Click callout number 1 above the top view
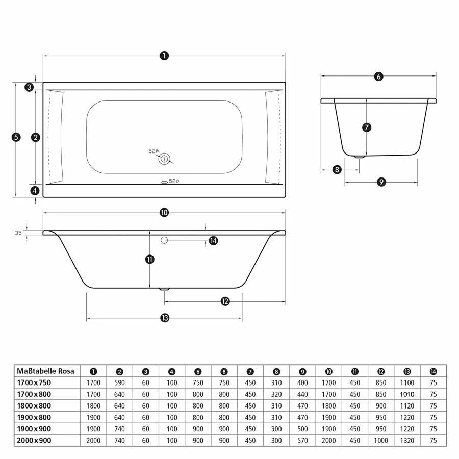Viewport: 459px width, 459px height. pyautogui.click(x=164, y=56)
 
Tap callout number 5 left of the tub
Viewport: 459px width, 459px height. pyautogui.click(x=16, y=137)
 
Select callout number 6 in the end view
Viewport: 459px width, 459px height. pyautogui.click(x=378, y=76)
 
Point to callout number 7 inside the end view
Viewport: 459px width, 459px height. pyautogui.click(x=367, y=127)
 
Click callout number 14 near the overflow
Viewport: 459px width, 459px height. pyautogui.click(x=213, y=241)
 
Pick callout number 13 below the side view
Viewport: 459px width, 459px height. pyautogui.click(x=164, y=318)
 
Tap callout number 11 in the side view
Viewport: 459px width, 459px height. pyautogui.click(x=149, y=259)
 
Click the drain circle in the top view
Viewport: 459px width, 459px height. pyautogui.click(x=164, y=159)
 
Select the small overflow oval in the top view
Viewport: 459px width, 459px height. pyautogui.click(x=164, y=181)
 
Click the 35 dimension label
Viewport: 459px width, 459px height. pyautogui.click(x=18, y=233)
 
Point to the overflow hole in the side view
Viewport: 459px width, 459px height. pyautogui.click(x=164, y=240)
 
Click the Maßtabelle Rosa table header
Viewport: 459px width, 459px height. pyautogui.click(x=45, y=371)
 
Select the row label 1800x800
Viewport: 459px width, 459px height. pyautogui.click(x=34, y=406)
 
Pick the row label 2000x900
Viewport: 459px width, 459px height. pyautogui.click(x=34, y=440)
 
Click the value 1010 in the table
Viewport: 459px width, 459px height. pyautogui.click(x=407, y=394)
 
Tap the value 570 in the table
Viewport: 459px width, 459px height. pyautogui.click(x=302, y=440)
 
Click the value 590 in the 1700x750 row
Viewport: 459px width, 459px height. pyautogui.click(x=119, y=382)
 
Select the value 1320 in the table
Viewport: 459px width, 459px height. pyautogui.click(x=407, y=440)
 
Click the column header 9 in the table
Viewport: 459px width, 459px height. pyautogui.click(x=302, y=371)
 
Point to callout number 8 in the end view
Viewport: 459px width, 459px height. pyautogui.click(x=337, y=169)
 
